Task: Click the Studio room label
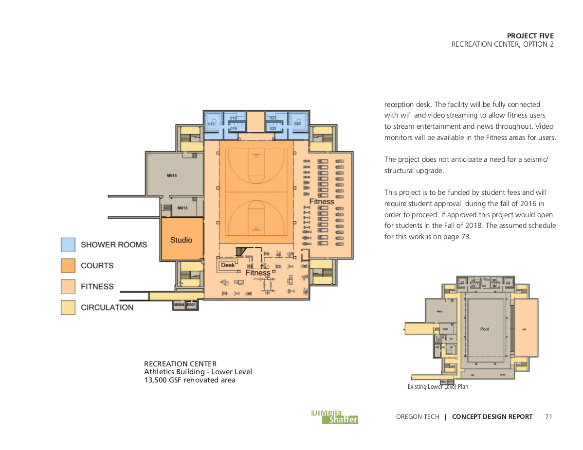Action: point(181,240)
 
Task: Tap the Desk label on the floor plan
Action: point(228,265)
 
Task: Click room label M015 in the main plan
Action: point(171,176)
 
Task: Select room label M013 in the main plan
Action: point(182,208)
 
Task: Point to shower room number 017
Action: point(212,124)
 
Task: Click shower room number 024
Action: point(297,124)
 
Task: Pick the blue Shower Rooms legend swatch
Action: point(68,245)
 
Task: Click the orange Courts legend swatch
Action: point(68,266)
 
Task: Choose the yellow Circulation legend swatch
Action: point(68,308)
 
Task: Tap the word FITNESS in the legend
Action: point(97,287)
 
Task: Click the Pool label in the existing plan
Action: point(484,329)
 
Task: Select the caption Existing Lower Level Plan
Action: point(437,387)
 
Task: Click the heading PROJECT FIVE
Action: point(530,36)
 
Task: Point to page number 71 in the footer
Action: point(548,417)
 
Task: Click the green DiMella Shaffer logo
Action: point(334,417)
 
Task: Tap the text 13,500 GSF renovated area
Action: point(189,380)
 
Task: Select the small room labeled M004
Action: point(179,305)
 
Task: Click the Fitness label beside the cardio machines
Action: point(322,201)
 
